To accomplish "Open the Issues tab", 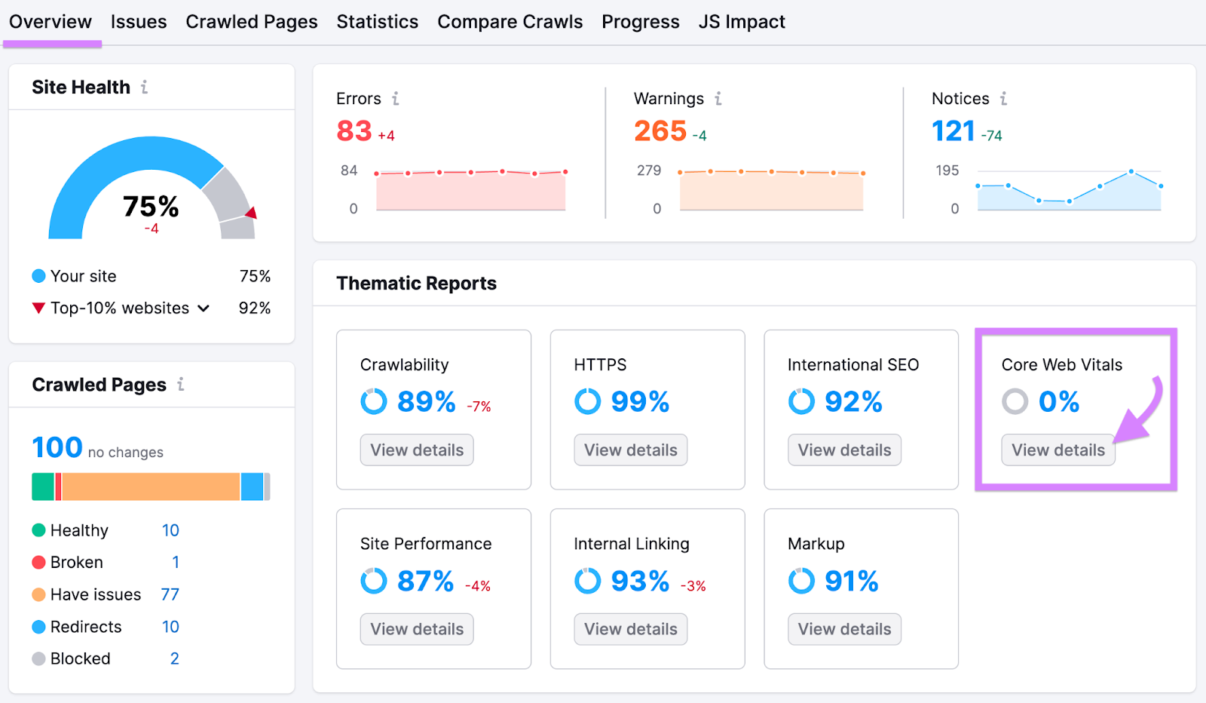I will click(x=139, y=22).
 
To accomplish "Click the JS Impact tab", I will click(x=742, y=22).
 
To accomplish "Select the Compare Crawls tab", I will click(x=510, y=22).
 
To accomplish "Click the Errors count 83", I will click(x=354, y=131).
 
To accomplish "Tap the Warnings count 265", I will click(x=660, y=131).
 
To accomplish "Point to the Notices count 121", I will click(x=953, y=131).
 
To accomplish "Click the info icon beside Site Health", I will click(x=144, y=87).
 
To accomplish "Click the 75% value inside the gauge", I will click(x=151, y=206).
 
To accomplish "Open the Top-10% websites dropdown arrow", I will click(x=204, y=308).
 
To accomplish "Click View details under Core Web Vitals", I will click(x=1058, y=450).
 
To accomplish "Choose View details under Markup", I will click(x=844, y=629).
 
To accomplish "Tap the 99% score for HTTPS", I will click(x=640, y=401).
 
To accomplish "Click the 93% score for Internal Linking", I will click(x=640, y=581).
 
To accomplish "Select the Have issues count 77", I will click(x=170, y=594).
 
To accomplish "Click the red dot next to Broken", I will click(x=39, y=562).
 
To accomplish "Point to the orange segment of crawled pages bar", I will click(x=151, y=487).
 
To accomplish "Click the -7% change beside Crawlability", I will click(x=479, y=407).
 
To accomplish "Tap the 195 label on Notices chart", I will click(x=947, y=170).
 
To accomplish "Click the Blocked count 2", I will click(x=174, y=658).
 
